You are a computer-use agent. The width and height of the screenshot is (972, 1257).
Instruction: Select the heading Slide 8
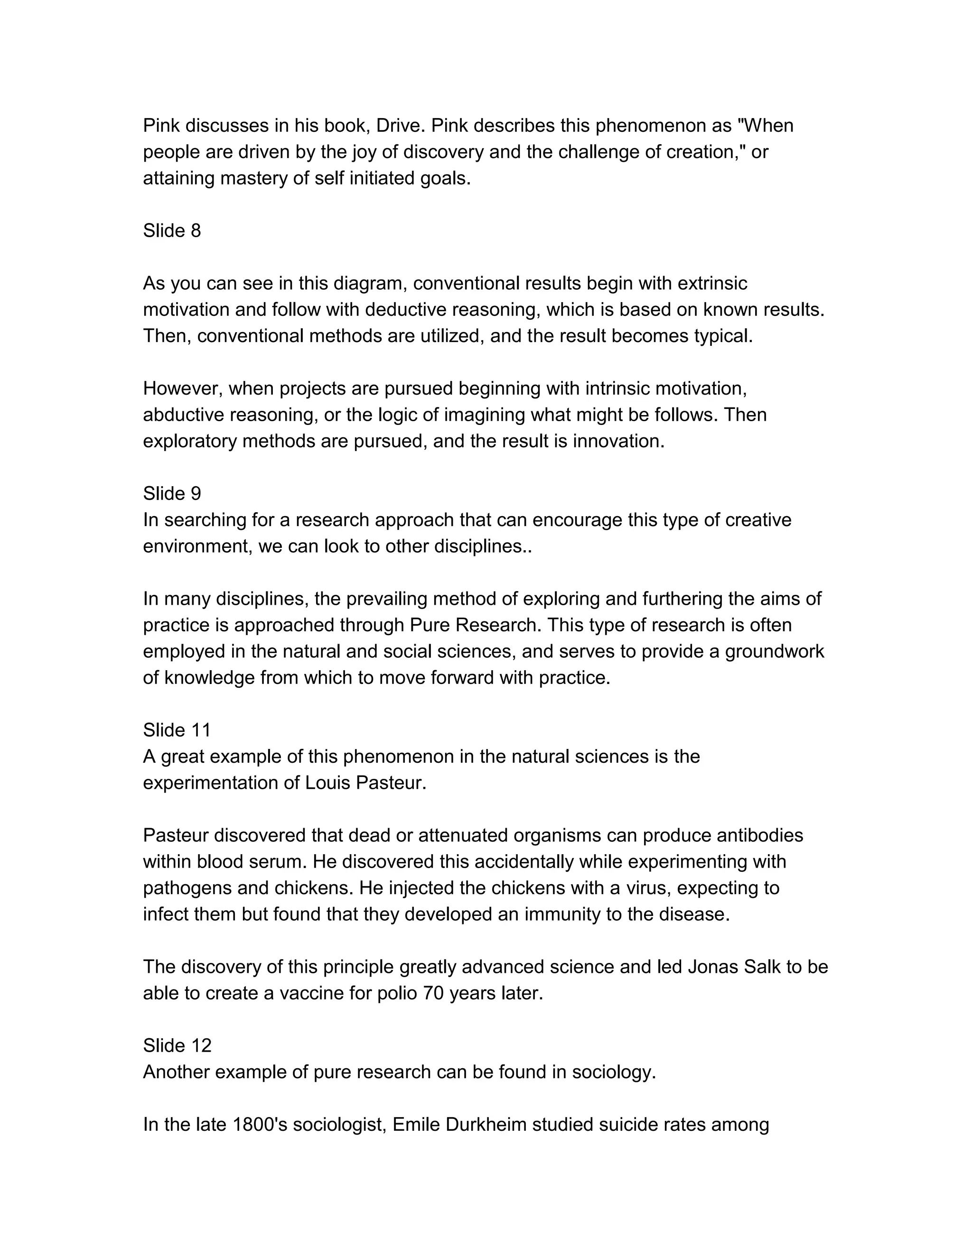[172, 231]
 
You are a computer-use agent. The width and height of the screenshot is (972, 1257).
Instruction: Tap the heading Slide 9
[172, 493]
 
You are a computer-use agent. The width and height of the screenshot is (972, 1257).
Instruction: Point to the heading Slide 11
[177, 730]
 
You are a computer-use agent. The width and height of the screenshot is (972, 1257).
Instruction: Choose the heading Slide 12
[177, 1045]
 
